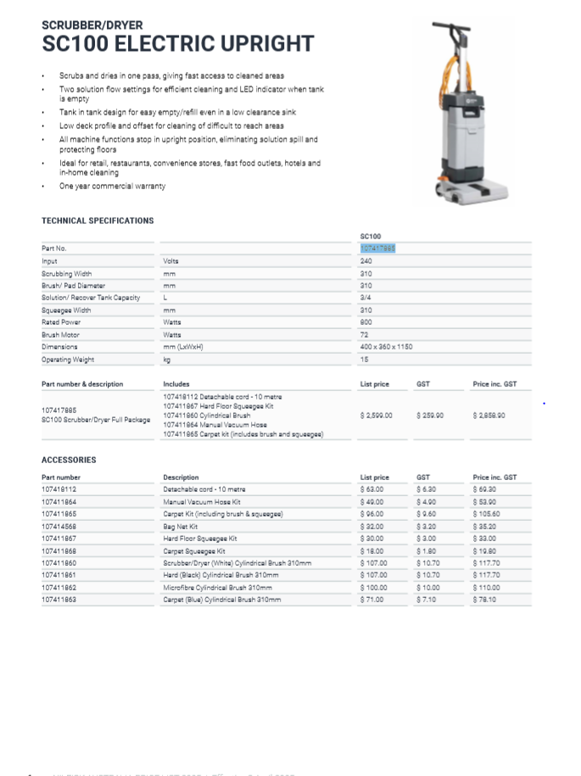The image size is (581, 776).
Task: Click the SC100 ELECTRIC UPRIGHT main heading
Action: (178, 44)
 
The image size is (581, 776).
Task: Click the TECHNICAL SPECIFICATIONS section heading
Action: (98, 221)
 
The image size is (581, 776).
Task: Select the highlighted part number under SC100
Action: (377, 248)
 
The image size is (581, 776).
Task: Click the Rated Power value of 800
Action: (366, 322)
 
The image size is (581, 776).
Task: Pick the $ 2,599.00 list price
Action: (377, 416)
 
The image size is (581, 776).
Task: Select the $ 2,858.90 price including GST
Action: (489, 416)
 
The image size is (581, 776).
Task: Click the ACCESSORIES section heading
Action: (69, 461)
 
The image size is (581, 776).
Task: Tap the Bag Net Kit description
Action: (182, 527)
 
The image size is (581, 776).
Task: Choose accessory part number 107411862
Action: (61, 588)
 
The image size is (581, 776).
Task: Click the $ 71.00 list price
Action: (372, 600)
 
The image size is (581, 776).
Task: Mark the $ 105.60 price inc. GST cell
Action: (487, 514)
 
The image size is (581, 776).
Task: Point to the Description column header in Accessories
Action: (181, 477)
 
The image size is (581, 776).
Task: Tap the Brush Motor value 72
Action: (364, 335)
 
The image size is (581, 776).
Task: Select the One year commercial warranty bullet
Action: (112, 187)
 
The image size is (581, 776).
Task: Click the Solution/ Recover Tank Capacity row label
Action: (91, 298)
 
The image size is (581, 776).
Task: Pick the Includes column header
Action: (176, 384)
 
